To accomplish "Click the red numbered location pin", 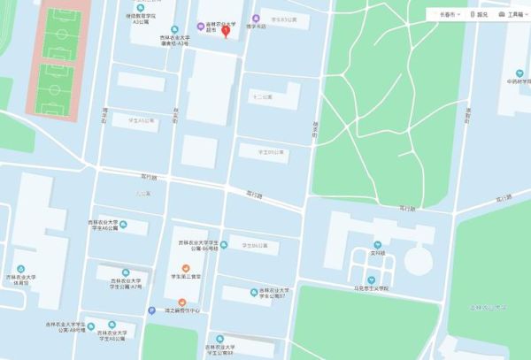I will coord(225,31).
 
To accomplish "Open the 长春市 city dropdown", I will coord(445,15).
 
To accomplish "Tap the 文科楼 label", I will coord(377,253).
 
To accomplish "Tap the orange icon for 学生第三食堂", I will coord(185,268).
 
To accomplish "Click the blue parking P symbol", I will coord(151,310).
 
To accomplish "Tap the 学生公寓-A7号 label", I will coord(124,285).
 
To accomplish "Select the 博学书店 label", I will coord(256,27).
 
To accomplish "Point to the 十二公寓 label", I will coord(263,96).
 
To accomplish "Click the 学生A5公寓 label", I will coord(141,119).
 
